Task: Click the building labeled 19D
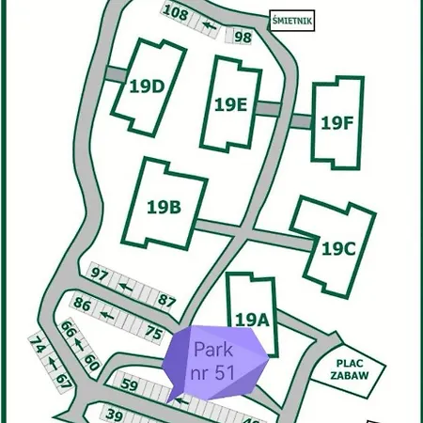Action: tap(147, 86)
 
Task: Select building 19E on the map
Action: tap(230, 103)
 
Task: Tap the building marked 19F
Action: tap(337, 122)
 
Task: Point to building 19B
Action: tap(164, 206)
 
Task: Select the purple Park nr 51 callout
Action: tap(213, 361)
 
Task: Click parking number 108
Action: tap(175, 12)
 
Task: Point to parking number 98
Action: tap(243, 37)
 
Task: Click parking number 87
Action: tap(167, 300)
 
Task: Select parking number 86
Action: tap(82, 305)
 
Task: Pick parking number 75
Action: tap(155, 330)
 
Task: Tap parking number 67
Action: tap(63, 381)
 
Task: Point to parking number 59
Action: tap(130, 384)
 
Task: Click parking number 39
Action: tap(115, 415)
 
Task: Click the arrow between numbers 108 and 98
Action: tap(211, 25)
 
